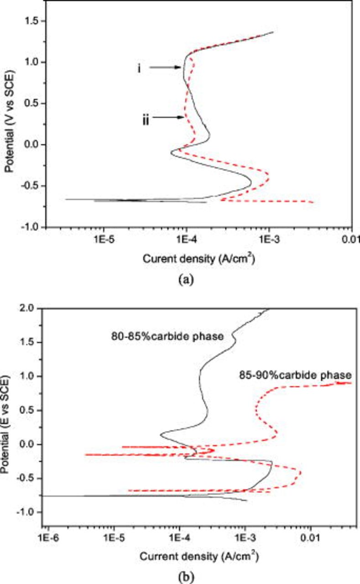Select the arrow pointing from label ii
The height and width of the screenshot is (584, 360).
(169, 117)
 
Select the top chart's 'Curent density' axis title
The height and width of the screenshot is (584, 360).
(198, 259)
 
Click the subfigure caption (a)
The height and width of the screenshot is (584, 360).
(187, 281)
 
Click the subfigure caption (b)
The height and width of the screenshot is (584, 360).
(187, 578)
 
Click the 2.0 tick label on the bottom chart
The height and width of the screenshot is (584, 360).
(31, 308)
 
